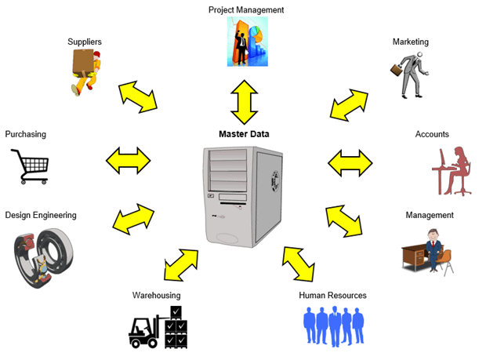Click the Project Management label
[245, 9]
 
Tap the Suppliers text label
[85, 42]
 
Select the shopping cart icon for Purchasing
[31, 165]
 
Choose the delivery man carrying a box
[86, 71]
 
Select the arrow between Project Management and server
[244, 100]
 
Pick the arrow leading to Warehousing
[182, 265]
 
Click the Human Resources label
[332, 296]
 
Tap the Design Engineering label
[41, 215]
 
